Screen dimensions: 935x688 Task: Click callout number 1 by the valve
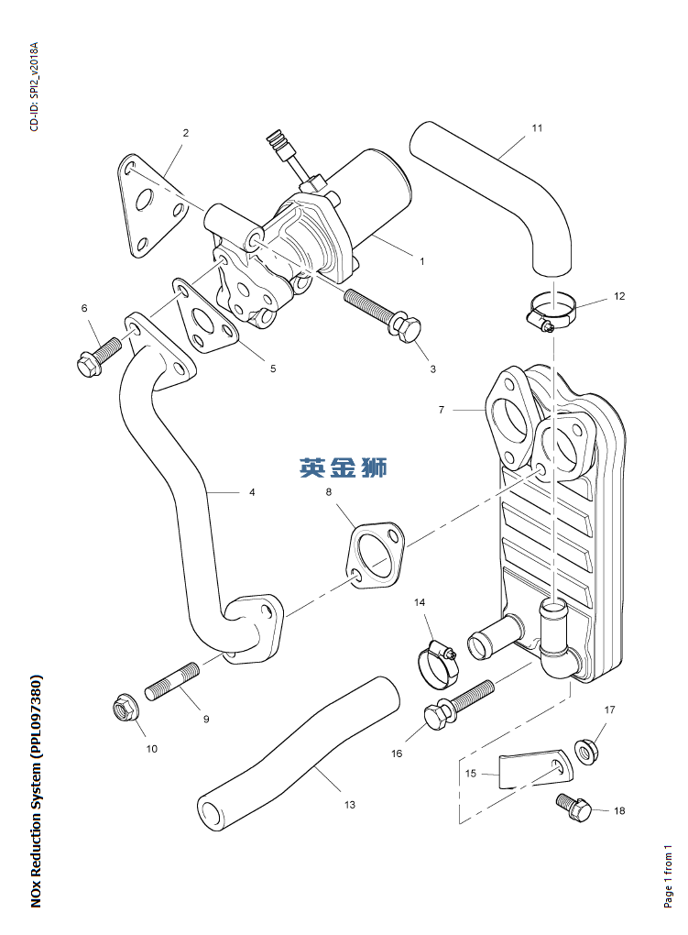[x=421, y=261]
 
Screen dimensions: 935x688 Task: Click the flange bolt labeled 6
[x=98, y=357]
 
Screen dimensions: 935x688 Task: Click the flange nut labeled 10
[x=122, y=709]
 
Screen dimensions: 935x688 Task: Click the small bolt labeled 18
[x=575, y=808]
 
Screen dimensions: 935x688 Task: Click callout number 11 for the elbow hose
[x=537, y=128]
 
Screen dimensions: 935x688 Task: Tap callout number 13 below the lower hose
[x=349, y=805]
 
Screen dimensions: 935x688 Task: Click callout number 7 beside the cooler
[x=441, y=410]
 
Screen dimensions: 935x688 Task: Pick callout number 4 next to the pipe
[x=252, y=492]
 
